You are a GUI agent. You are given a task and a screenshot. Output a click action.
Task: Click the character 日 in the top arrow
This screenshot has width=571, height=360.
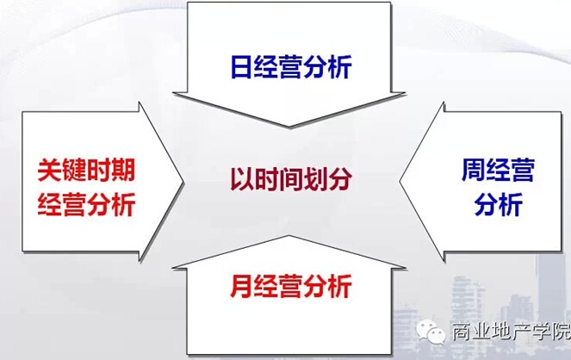[241, 66]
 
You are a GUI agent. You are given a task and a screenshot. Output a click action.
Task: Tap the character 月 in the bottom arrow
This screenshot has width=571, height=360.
[241, 286]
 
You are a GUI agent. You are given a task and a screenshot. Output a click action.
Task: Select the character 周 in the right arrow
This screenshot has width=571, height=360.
[473, 170]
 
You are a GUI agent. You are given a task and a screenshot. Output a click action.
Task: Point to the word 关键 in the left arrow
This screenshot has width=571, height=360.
[62, 170]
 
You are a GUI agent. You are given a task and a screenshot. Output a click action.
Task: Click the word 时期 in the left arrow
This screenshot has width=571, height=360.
[111, 170]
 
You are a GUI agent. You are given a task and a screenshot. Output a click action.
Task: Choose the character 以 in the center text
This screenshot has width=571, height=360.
[242, 179]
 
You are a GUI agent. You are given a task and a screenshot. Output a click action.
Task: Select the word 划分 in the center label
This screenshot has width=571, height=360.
[328, 179]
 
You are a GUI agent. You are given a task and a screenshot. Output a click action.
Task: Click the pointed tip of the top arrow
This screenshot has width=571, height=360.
[289, 127]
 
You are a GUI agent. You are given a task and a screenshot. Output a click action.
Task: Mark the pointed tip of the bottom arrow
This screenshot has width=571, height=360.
[289, 235]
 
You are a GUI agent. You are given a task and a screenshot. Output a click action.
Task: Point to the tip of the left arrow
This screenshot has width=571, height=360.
[185, 182]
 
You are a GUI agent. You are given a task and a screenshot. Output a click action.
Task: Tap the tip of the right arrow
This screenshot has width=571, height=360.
[400, 181]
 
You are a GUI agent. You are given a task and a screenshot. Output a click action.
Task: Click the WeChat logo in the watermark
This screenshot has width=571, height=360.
[431, 331]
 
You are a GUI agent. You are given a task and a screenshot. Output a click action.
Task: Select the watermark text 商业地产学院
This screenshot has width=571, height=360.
[511, 331]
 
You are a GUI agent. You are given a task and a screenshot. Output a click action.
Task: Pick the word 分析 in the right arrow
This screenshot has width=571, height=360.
[498, 204]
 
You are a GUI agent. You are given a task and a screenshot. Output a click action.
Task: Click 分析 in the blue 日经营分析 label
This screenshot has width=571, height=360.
[327, 66]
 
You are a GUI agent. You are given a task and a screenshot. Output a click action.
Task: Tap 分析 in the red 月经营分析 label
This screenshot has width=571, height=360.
[327, 286]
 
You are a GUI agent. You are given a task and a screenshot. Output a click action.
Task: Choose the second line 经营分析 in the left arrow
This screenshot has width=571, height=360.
[86, 204]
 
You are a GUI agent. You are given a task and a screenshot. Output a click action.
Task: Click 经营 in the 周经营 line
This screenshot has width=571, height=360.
[510, 170]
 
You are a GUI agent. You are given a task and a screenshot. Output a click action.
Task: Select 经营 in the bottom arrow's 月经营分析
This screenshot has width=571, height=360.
[277, 286]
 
